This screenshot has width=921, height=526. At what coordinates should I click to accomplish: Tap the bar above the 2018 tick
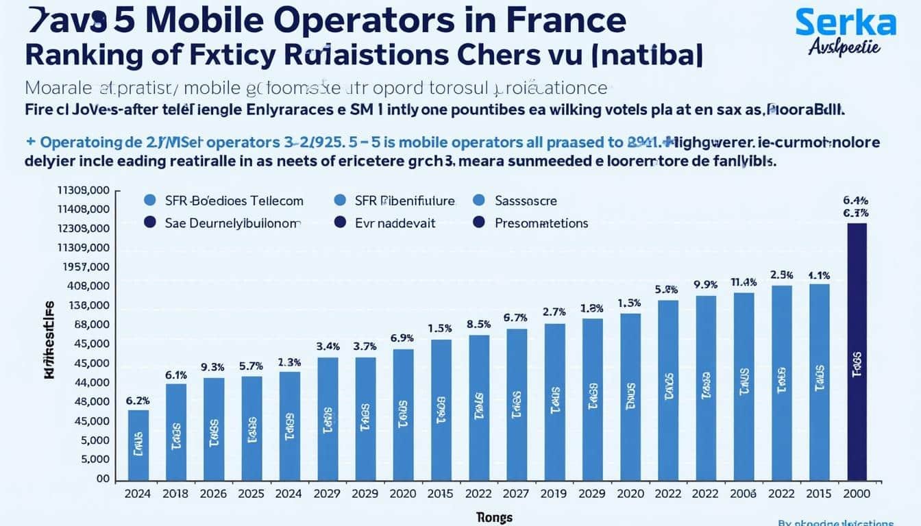coord(176,431)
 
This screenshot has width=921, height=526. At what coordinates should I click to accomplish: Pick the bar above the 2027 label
coord(517,404)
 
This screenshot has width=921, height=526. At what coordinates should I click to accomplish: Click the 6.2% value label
coord(138,401)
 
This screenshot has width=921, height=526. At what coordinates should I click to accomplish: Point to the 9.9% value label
coord(705,284)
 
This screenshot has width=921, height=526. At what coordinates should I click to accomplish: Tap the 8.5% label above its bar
coord(479,324)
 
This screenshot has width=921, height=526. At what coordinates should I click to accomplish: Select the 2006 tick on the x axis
coord(744,494)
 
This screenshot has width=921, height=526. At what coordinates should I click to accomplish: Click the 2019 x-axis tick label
coord(554,494)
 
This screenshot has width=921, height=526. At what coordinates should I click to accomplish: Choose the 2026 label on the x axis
coord(214,494)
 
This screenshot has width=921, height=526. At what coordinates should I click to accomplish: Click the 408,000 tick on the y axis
coord(89,286)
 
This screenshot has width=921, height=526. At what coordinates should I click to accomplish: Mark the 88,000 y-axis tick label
coord(91,325)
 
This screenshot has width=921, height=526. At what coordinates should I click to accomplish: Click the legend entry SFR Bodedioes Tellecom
coord(234,201)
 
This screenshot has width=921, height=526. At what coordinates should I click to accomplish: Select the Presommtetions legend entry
coord(541,223)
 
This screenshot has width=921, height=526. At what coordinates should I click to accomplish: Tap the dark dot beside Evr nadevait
coord(339,223)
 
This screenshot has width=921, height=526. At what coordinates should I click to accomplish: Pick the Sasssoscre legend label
coord(526,201)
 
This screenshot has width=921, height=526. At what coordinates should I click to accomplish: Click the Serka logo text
coord(846,24)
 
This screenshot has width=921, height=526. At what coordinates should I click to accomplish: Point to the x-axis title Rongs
coord(493,517)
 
